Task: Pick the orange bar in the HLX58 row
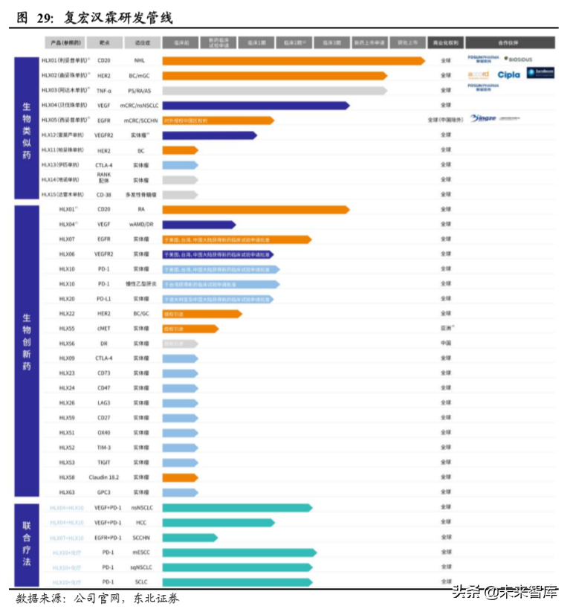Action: click(179, 477)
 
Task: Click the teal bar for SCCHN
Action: click(190, 537)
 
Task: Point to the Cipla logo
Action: click(509, 74)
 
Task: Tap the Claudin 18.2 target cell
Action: click(104, 477)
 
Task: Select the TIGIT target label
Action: click(104, 463)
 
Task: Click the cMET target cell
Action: click(104, 329)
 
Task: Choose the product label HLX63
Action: click(67, 492)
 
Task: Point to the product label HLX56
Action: click(67, 344)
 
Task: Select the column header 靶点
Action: click(104, 43)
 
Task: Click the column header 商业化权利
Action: click(445, 43)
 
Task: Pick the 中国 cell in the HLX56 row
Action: click(445, 344)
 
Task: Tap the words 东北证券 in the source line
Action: click(155, 598)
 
